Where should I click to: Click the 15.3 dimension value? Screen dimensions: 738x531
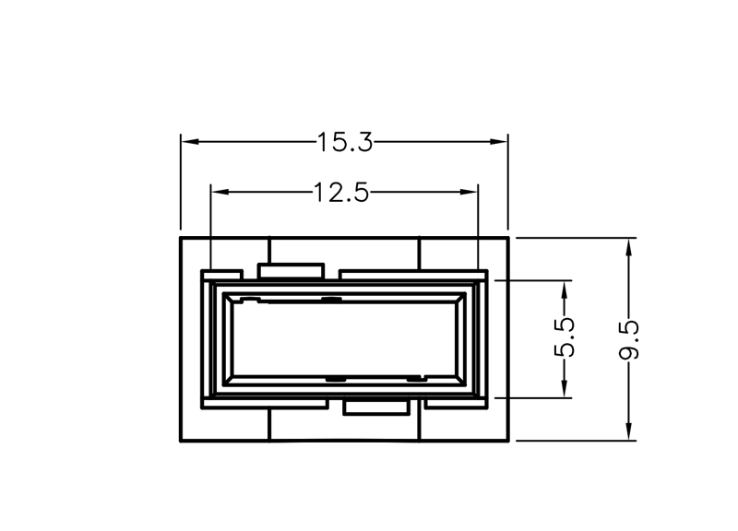[345, 142]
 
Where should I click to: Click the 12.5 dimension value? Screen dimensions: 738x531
[341, 193]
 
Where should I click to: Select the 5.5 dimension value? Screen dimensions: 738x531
[565, 337]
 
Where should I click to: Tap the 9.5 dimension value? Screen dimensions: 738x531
[629, 339]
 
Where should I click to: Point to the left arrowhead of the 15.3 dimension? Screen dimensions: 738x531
[190, 142]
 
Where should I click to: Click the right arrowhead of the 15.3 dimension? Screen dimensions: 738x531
[499, 142]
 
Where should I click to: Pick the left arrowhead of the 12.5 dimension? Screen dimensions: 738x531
[220, 192]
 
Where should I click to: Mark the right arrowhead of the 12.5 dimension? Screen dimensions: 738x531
[469, 192]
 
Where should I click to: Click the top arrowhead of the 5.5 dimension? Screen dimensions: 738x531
[565, 289]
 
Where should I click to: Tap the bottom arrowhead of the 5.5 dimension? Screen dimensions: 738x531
[565, 388]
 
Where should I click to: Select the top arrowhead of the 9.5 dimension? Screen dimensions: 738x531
[629, 247]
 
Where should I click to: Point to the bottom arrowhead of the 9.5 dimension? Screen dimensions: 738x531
[629, 431]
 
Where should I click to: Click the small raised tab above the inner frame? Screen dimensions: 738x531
[292, 271]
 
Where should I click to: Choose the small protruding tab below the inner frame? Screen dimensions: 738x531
[376, 407]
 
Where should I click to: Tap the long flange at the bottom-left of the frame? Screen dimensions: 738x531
[265, 404]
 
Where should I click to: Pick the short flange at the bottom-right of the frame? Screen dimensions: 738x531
[456, 404]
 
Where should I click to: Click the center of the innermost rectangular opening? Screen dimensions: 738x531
[344, 339]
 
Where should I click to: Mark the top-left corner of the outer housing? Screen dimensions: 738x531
[181, 238]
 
